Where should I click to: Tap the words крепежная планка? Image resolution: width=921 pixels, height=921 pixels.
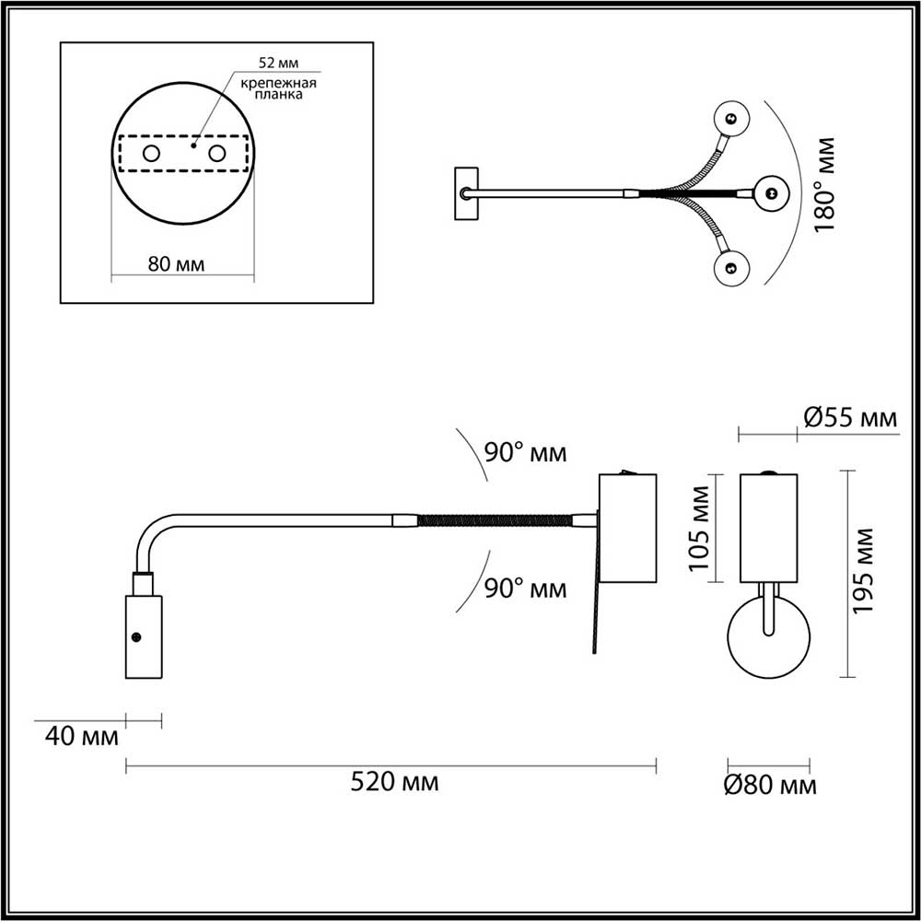[278, 88]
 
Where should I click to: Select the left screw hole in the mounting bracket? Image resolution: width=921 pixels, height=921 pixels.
[151, 153]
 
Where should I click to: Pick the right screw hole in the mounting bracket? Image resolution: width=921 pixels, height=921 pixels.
[217, 153]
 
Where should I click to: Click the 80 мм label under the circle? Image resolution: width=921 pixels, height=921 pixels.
[176, 264]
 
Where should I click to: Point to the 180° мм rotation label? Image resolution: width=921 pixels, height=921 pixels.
[826, 184]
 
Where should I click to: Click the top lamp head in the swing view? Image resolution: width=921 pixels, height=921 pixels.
[732, 119]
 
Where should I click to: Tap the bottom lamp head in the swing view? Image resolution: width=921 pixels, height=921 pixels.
[732, 268]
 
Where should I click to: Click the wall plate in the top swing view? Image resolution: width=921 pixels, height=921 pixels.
[466, 193]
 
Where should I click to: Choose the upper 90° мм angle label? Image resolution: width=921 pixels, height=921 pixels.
[526, 453]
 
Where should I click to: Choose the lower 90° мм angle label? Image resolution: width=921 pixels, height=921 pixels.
[526, 589]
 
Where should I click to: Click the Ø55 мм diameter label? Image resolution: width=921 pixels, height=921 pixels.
[849, 420]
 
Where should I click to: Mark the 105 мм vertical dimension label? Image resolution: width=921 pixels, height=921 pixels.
[701, 538]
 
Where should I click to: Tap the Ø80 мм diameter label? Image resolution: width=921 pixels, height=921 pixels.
[770, 786]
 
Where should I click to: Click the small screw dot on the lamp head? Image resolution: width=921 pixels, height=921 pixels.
[136, 635]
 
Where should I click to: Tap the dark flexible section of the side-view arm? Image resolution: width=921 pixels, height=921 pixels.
[493, 520]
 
